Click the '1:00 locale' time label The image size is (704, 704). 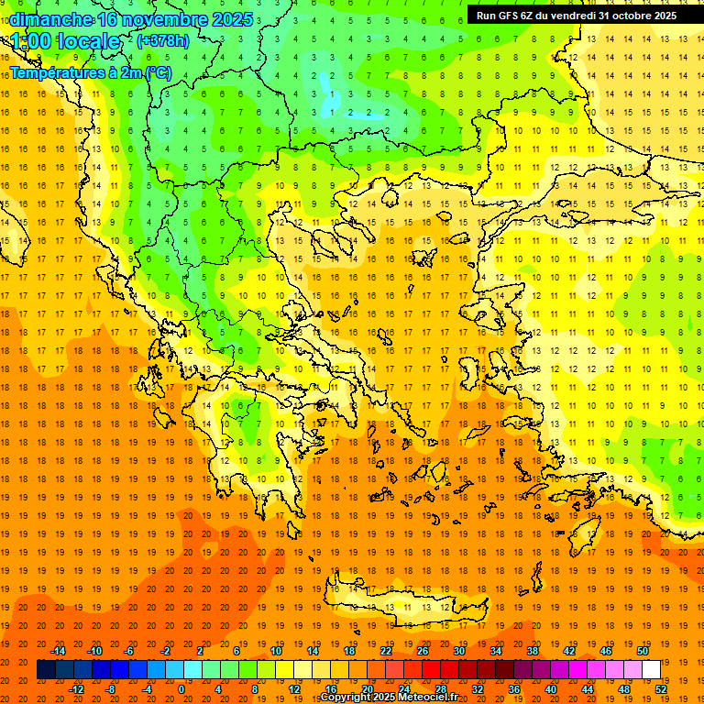pos(65,41)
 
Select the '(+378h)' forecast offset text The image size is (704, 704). pos(163,41)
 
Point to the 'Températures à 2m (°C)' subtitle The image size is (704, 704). pos(90,71)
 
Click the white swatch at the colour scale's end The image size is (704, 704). pos(651,670)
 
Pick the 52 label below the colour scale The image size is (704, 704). pos(661,688)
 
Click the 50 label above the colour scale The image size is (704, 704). pos(642,651)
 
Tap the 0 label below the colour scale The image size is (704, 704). pos(181,688)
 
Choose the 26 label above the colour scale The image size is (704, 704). pos(423,651)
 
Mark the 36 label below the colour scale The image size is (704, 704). pos(514,688)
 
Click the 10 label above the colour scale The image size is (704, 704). pos(276,651)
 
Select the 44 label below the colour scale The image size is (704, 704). pos(588,688)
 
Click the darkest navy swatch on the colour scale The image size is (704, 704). pos(46,670)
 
